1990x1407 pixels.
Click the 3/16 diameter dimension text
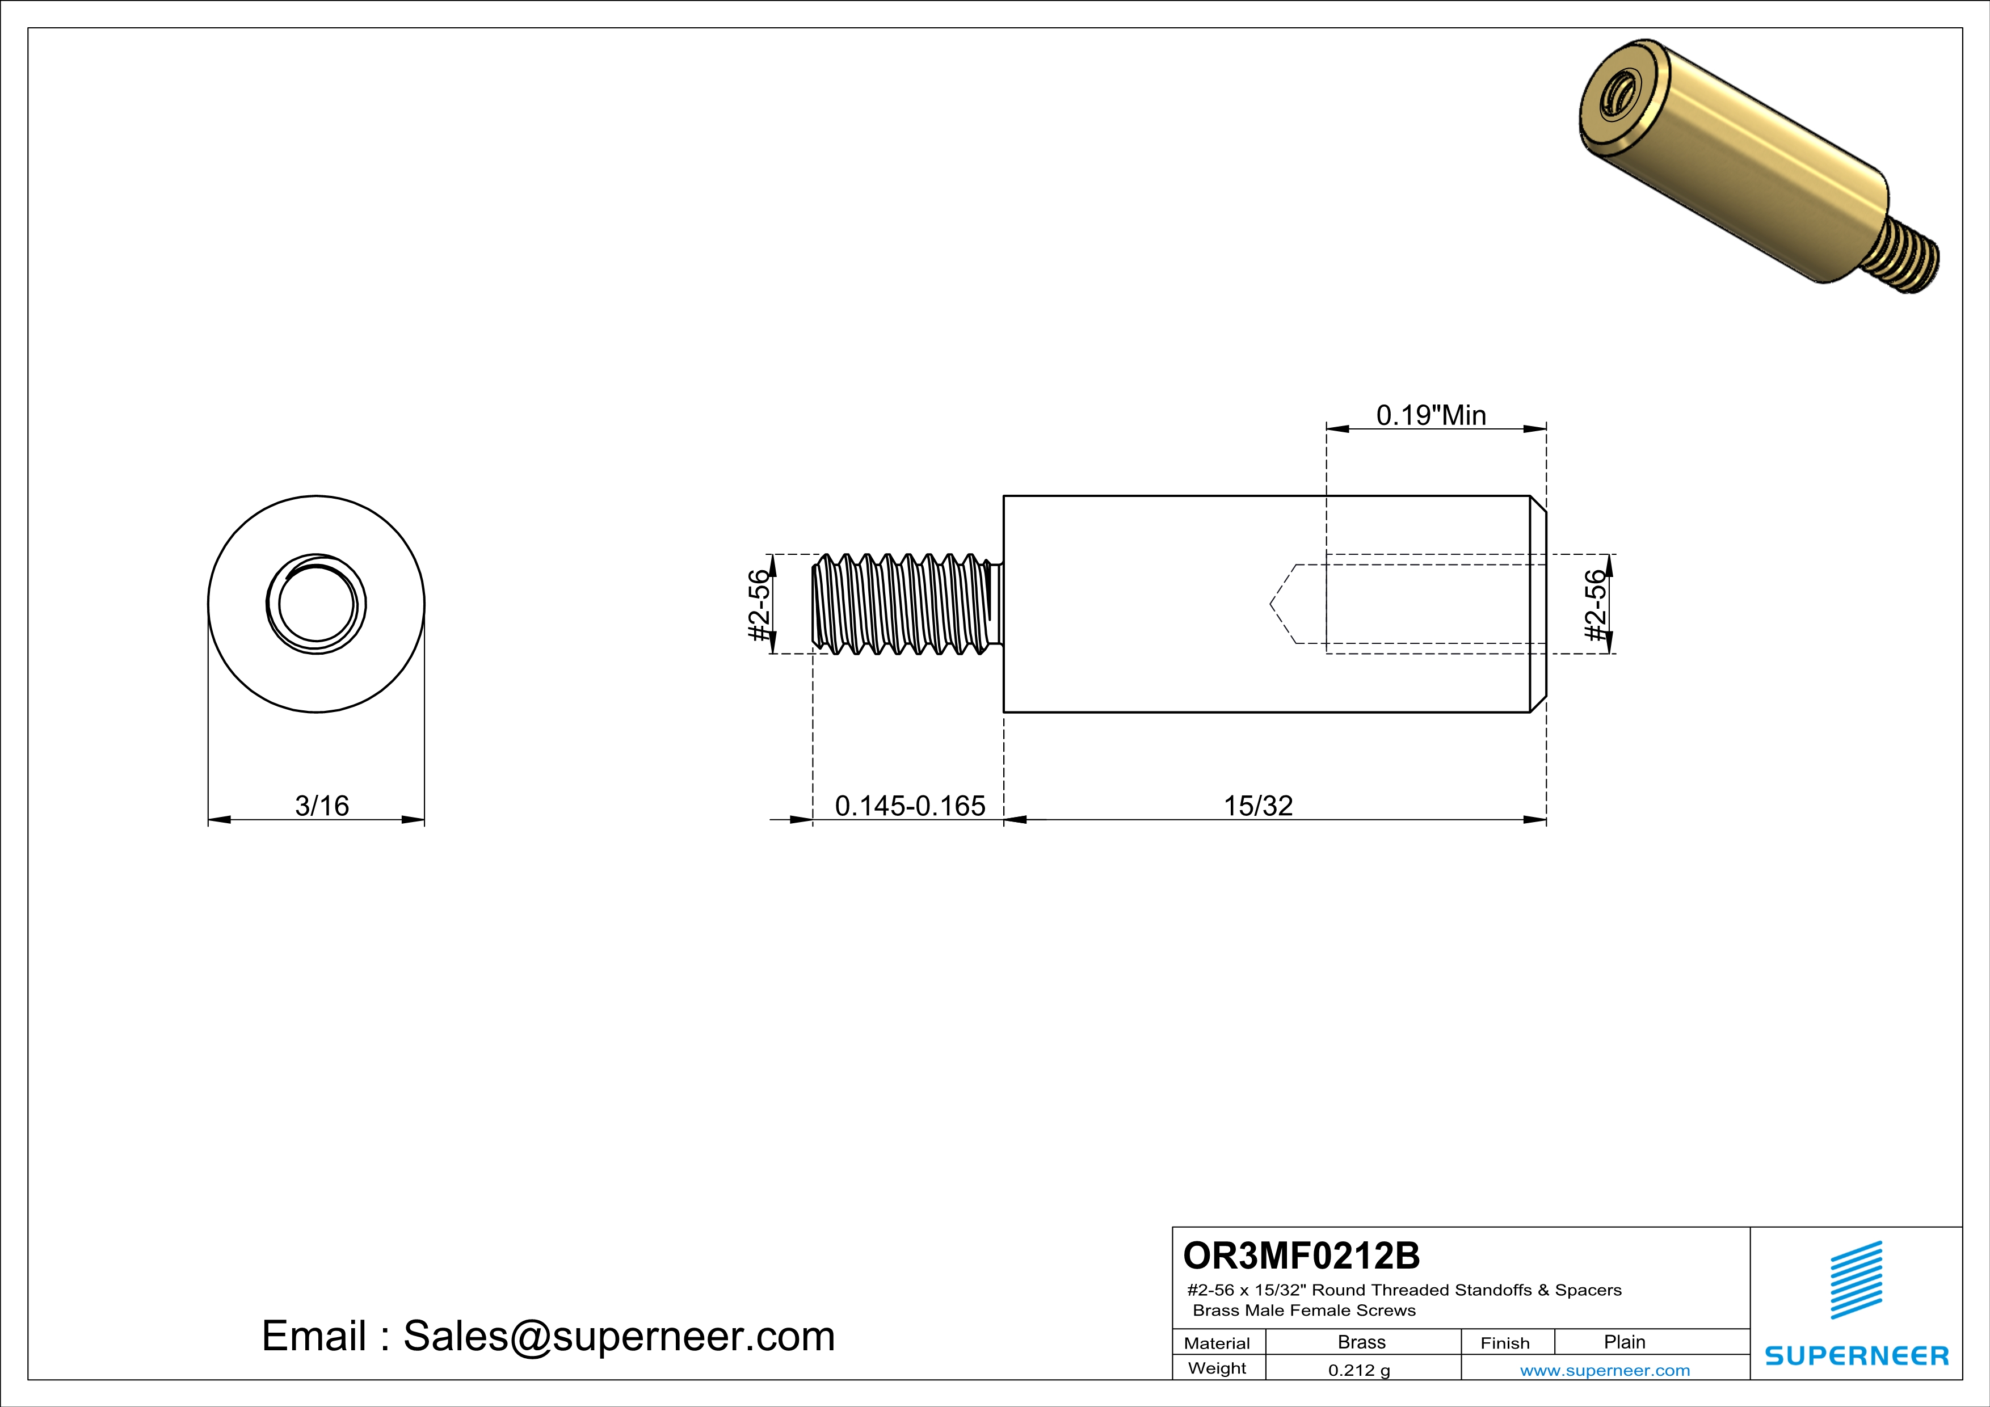[322, 806]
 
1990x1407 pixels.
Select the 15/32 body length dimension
[1257, 806]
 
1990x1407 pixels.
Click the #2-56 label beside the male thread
[759, 605]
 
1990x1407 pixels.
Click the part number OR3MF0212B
[1301, 1256]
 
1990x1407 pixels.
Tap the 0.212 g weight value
[1358, 1370]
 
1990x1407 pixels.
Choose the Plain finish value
[1624, 1342]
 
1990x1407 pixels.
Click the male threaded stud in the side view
[906, 604]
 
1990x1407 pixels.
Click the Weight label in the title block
[1217, 1368]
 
